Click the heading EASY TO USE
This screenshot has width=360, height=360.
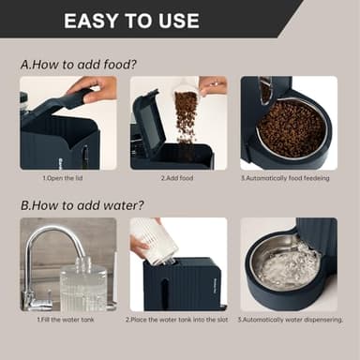[x=131, y=21]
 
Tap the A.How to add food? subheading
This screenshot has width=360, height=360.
[x=79, y=65]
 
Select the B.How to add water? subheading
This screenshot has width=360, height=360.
[x=82, y=205]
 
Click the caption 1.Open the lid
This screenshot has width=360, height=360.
[x=63, y=178]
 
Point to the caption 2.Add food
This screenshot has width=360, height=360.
[x=177, y=178]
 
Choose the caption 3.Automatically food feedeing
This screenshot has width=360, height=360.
[x=285, y=178]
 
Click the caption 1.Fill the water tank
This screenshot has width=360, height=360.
[x=66, y=320]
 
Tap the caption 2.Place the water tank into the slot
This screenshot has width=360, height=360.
[x=177, y=320]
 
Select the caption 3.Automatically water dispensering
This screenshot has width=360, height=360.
[x=291, y=320]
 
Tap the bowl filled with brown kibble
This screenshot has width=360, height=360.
[x=292, y=128]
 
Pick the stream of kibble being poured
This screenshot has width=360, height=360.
[x=187, y=119]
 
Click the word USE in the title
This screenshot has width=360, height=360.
[x=179, y=21]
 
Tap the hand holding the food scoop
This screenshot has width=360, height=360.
[x=214, y=84]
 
